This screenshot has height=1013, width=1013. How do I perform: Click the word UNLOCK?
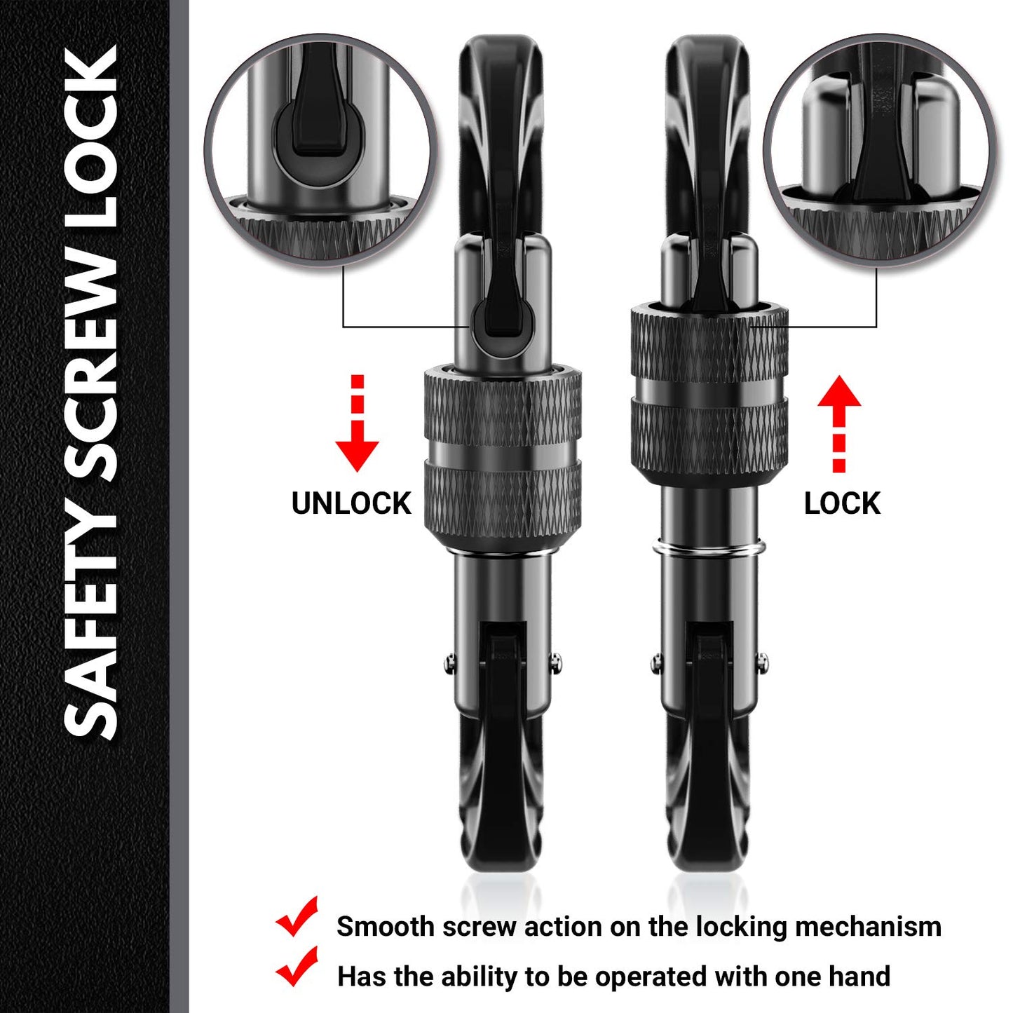pos(351,503)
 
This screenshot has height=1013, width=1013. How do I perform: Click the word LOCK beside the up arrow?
pos(842,503)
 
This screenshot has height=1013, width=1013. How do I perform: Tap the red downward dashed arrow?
pos(357,423)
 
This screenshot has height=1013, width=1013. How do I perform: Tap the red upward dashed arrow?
pos(838,423)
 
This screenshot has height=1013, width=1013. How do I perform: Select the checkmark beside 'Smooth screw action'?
pos(297,917)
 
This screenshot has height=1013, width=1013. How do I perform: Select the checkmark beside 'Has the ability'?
pos(297,967)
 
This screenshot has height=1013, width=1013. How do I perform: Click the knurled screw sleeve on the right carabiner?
pos(709,389)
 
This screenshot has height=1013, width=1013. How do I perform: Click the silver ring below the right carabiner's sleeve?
pos(709,549)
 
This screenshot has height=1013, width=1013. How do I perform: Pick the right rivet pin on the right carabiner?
pos(762,660)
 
